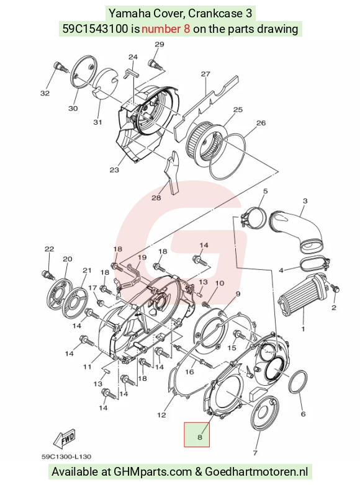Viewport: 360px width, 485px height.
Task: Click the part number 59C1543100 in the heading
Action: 96,29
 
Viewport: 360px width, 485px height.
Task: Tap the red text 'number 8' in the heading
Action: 166,29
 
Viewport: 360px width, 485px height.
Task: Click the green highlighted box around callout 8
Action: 197,435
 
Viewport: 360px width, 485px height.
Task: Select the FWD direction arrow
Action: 65,438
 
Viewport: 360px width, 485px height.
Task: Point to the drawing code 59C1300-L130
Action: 66,456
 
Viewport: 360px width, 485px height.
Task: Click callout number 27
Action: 205,74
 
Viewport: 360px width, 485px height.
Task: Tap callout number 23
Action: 114,170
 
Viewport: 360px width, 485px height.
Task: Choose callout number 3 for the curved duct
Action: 305,201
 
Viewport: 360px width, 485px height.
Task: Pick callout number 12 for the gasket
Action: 161,415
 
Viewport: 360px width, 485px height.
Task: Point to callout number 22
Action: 49,249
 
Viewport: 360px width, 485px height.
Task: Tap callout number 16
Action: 189,372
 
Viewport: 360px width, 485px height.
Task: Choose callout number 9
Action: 238,294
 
